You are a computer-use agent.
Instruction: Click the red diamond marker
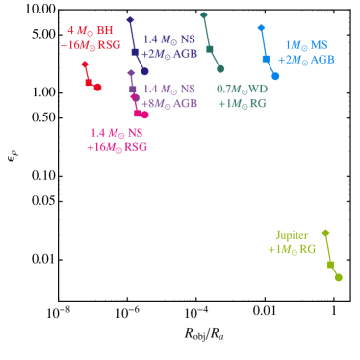86,64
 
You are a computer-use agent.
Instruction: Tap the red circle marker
97,88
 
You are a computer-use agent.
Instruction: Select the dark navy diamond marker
130,20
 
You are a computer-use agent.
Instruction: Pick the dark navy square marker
135,52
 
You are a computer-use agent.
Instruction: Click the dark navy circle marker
144,71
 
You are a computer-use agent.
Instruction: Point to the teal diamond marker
203,15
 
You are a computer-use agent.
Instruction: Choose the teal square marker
209,48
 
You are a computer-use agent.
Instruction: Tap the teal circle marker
220,69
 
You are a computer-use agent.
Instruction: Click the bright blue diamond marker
261,28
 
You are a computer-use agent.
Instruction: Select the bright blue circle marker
275,76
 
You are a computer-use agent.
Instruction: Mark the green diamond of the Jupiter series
326,233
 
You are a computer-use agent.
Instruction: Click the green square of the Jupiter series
330,264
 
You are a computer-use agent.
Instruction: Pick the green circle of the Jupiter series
338,278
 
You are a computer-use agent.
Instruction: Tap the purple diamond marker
131,73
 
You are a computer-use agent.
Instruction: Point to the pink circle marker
135,97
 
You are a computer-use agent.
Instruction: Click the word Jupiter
292,235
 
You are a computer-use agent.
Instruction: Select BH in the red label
105,31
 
